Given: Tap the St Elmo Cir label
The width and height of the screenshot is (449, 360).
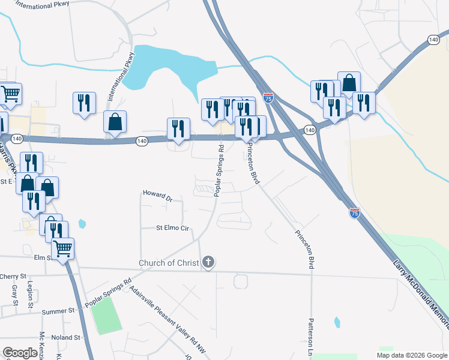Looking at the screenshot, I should [172, 228].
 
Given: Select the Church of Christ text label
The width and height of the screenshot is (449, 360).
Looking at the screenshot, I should [169, 263].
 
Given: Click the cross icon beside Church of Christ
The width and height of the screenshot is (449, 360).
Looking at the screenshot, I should [208, 262].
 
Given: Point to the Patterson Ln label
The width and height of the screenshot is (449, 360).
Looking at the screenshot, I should [311, 337].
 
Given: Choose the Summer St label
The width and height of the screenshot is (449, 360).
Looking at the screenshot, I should [58, 311].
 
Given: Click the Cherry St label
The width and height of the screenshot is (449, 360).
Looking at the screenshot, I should [14, 277].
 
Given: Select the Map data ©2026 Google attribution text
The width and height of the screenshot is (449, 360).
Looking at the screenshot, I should [411, 355].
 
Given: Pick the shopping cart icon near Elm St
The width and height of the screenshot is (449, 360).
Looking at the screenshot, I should [62, 248].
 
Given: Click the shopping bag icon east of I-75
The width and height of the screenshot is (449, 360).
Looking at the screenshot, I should [349, 83].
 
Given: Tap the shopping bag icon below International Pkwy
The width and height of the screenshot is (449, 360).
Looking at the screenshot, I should [115, 122].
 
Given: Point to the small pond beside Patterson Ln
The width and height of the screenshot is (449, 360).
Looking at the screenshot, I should [337, 323].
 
